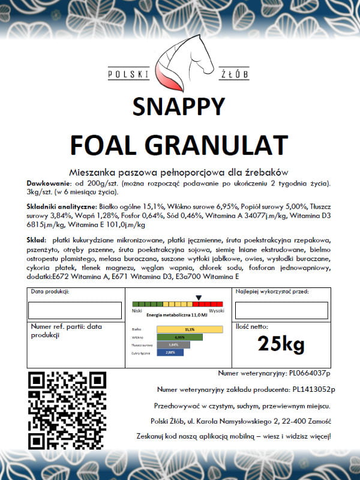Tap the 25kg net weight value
pyautogui.click(x=281, y=344)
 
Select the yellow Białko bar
pyautogui.click(x=190, y=329)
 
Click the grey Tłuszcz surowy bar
pyautogui.click(x=173, y=345)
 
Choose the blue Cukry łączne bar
pyautogui.click(x=170, y=353)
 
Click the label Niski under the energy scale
pyautogui.click(x=137, y=311)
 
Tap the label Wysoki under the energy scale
pyautogui.click(x=216, y=311)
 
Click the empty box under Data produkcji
pyautogui.click(x=75, y=310)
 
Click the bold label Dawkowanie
pyautogui.click(x=48, y=182)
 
